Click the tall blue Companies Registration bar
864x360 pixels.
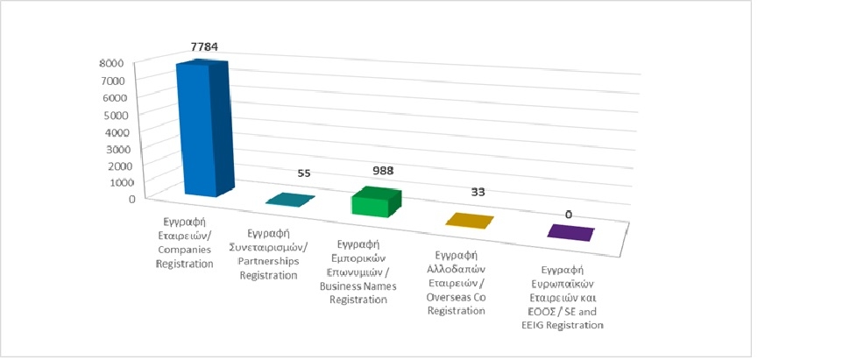pos(204,131)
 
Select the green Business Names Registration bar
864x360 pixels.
pos(374,202)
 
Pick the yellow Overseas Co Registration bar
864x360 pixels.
pos(470,220)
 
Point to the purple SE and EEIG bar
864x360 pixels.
pos(571,232)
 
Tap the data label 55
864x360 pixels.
pos(304,174)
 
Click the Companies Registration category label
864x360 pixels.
pos(183,237)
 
